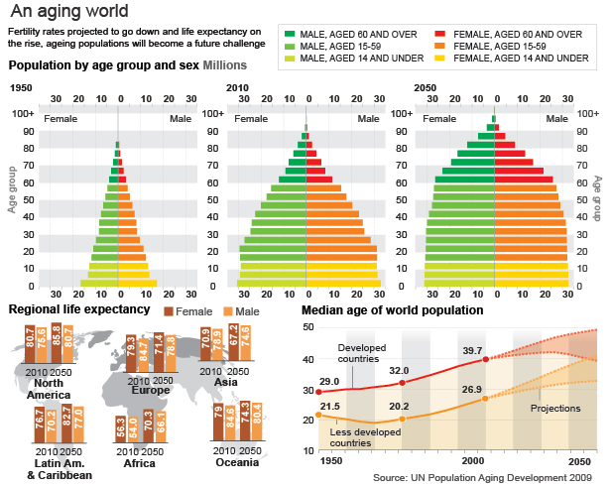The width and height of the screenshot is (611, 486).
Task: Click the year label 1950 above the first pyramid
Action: (x=20, y=88)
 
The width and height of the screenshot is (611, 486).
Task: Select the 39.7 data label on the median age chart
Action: (x=472, y=350)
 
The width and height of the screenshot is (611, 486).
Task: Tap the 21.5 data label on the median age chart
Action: (x=329, y=407)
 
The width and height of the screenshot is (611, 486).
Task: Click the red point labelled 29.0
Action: (x=318, y=392)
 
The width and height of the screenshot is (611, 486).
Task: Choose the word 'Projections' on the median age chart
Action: (x=556, y=409)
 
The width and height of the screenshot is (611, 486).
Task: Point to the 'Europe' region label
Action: (x=152, y=390)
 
